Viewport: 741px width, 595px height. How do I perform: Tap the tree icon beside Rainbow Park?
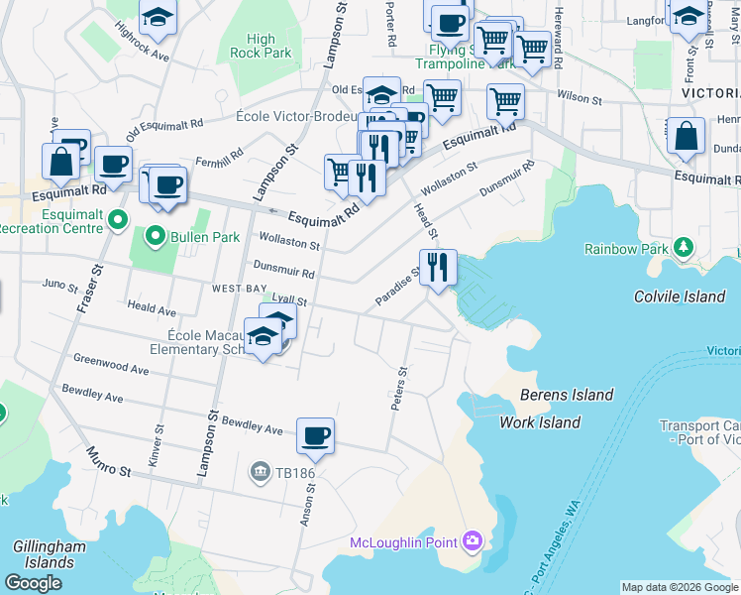pos(683,245)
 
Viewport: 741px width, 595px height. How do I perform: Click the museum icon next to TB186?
pos(260,469)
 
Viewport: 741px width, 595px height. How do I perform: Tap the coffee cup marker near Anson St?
pos(315,436)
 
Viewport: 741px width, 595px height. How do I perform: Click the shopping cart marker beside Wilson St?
pos(505,101)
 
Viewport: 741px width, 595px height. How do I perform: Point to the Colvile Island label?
pos(679,297)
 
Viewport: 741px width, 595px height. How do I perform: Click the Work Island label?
pos(540,422)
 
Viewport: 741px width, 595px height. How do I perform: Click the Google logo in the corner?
pos(34,583)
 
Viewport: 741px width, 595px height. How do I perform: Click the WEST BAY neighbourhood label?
pos(238,288)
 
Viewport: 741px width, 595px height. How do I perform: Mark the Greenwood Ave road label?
pos(111,364)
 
